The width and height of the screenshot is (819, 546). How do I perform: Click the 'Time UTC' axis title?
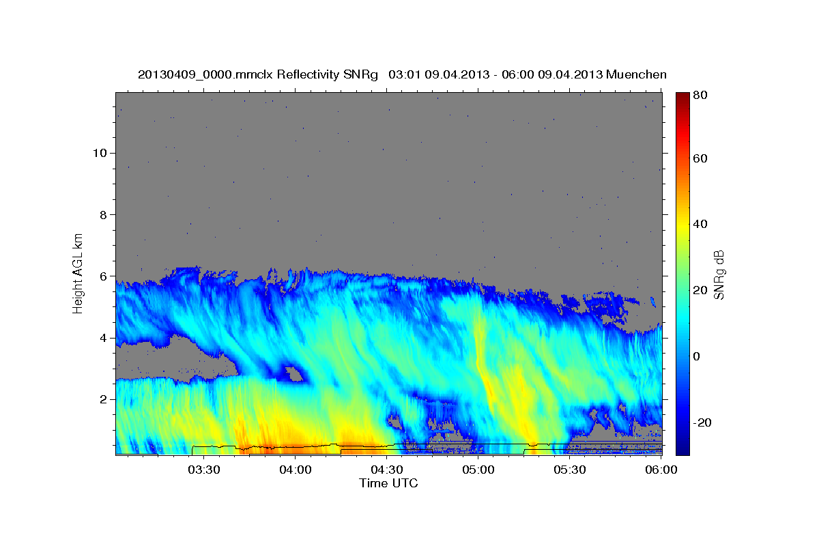388,483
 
